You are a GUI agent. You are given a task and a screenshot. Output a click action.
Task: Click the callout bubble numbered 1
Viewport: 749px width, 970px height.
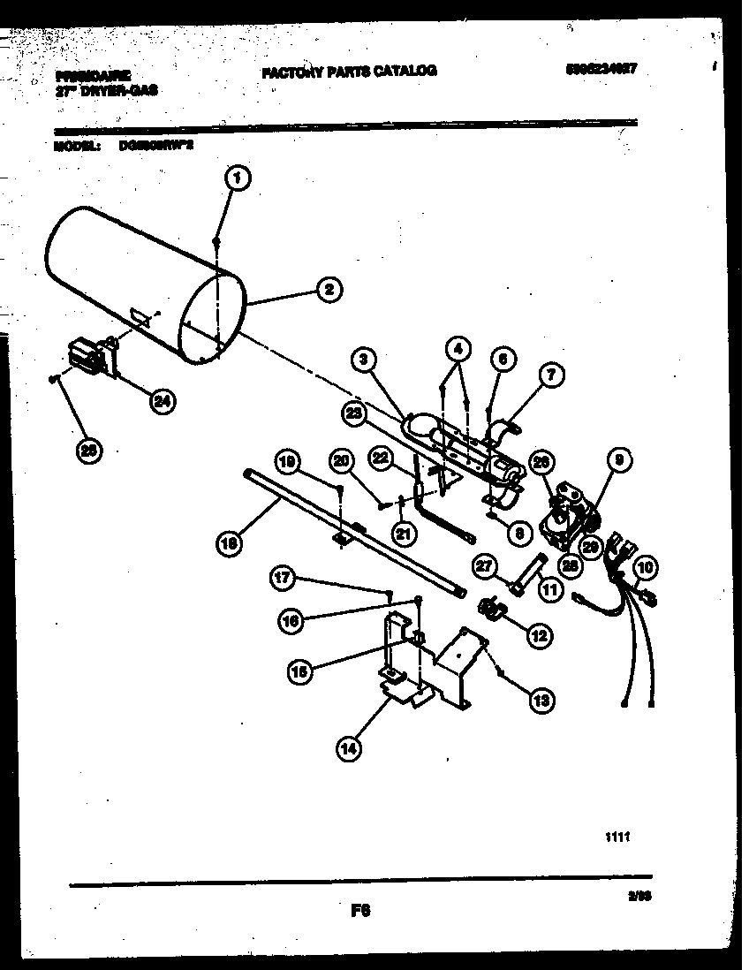click(x=237, y=178)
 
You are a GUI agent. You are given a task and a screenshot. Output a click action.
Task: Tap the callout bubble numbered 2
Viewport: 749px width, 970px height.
click(x=328, y=289)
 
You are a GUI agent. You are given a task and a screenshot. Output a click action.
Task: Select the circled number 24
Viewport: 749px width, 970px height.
click(x=161, y=402)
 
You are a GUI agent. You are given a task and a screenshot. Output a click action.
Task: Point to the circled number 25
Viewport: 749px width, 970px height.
click(x=87, y=450)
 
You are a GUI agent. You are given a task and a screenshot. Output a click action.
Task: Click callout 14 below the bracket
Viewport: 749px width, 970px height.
click(x=349, y=748)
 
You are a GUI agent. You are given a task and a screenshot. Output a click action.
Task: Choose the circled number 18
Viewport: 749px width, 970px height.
click(x=230, y=544)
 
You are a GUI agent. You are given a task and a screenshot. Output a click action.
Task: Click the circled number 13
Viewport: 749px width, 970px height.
click(x=541, y=701)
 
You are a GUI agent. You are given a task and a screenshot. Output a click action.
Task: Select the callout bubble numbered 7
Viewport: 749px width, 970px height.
click(x=549, y=375)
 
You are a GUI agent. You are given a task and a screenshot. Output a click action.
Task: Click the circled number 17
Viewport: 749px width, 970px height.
click(x=281, y=578)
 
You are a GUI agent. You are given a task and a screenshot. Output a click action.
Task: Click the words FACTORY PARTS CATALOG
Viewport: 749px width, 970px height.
click(x=349, y=71)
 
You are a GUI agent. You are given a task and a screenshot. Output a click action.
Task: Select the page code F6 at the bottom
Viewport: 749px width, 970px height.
click(x=359, y=912)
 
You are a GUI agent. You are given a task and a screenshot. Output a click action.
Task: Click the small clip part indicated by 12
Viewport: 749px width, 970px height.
click(x=490, y=608)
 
